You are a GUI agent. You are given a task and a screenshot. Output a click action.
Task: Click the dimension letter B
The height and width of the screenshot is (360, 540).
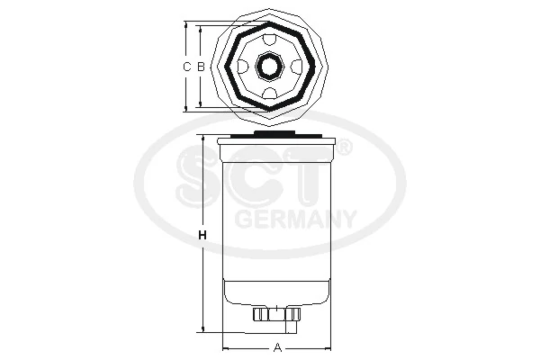tap(201, 67)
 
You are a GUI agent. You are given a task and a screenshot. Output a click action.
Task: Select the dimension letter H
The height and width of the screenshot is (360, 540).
tap(202, 236)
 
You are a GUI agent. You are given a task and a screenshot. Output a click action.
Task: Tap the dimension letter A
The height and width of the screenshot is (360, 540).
tap(278, 347)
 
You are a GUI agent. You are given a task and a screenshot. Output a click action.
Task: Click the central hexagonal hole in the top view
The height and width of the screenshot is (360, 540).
tap(269, 67)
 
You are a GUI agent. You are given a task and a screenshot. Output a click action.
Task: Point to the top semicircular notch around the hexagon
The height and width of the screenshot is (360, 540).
tap(269, 39)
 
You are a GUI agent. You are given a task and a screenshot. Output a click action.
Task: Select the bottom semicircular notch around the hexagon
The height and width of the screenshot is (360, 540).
tap(269, 94)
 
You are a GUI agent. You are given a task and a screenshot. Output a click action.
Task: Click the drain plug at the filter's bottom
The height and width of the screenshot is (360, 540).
tap(277, 314)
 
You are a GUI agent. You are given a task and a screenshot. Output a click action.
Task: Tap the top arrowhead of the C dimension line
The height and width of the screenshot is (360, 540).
tap(187, 25)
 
